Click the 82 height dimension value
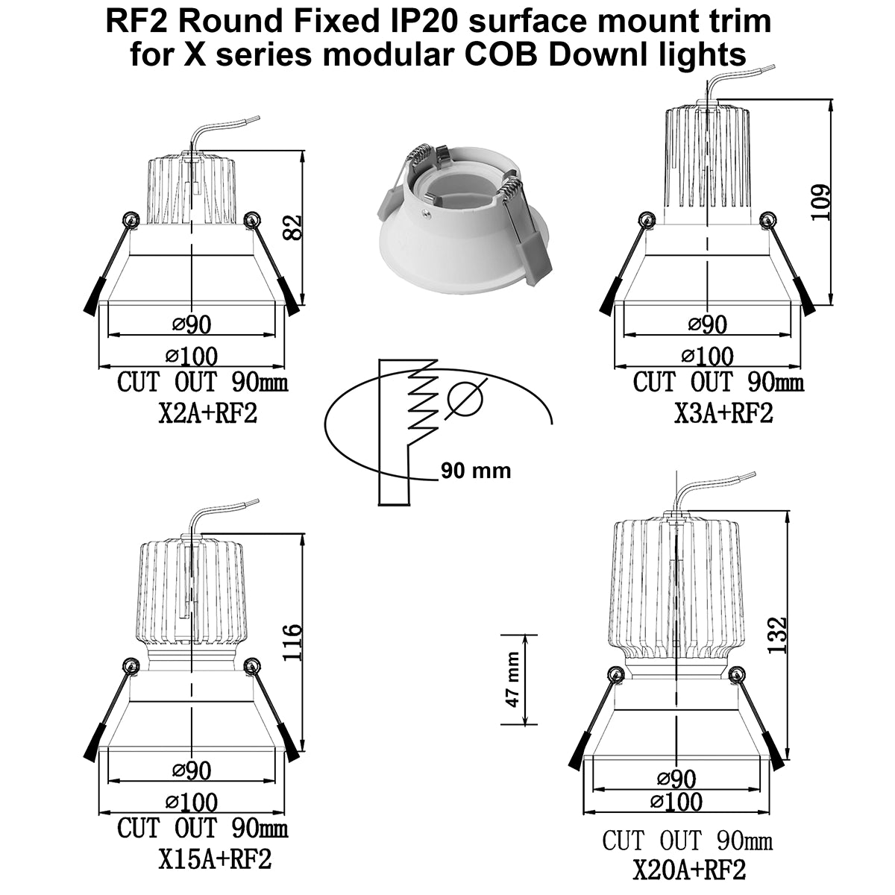coord(293,227)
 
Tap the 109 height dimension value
coord(820,203)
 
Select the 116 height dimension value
coord(292,642)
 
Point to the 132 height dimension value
coord(776,635)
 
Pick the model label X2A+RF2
coord(207,413)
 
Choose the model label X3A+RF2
coord(723,413)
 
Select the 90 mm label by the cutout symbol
coord(476,471)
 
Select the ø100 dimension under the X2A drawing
coord(192,357)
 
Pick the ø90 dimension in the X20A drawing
coord(676,779)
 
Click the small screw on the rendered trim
coord(424,213)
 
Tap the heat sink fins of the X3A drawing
coord(708,162)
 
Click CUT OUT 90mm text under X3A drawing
coord(718,383)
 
